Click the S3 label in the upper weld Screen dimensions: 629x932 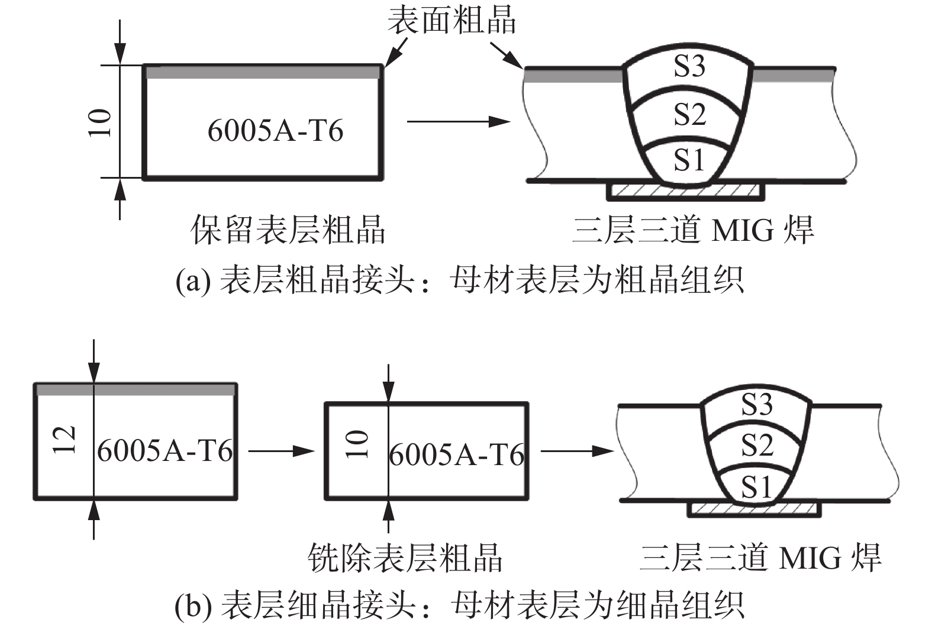click(x=690, y=66)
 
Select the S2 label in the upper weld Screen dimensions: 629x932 click(x=690, y=114)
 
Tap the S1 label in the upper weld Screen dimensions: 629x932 click(x=689, y=160)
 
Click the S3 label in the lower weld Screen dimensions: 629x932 click(x=757, y=405)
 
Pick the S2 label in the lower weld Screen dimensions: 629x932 click(x=757, y=445)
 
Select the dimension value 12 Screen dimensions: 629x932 click(x=65, y=440)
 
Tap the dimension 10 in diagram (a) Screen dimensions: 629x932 click(x=100, y=123)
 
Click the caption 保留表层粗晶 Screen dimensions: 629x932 click(x=288, y=230)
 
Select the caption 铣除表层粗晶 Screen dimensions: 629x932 click(x=405, y=557)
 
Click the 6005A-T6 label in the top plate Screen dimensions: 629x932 click(x=275, y=131)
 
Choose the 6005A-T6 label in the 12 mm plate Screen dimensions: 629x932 click(x=165, y=451)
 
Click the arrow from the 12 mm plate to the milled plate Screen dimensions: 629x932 click(x=280, y=451)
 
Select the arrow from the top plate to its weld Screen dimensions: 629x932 click(x=458, y=122)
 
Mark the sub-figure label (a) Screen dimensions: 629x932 click(x=192, y=280)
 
